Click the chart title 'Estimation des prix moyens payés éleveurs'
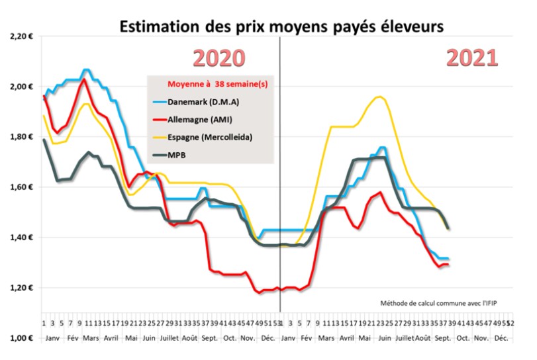(x=281, y=26)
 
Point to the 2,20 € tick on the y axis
(x=21, y=36)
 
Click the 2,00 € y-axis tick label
(x=21, y=87)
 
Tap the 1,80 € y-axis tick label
(x=21, y=137)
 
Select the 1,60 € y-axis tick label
(x=21, y=187)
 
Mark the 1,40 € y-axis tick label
(x=21, y=238)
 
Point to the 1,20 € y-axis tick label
(x=21, y=288)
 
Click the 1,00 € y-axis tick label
(x=21, y=338)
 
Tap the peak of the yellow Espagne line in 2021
(x=379, y=97)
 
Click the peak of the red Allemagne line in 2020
(x=84, y=80)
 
